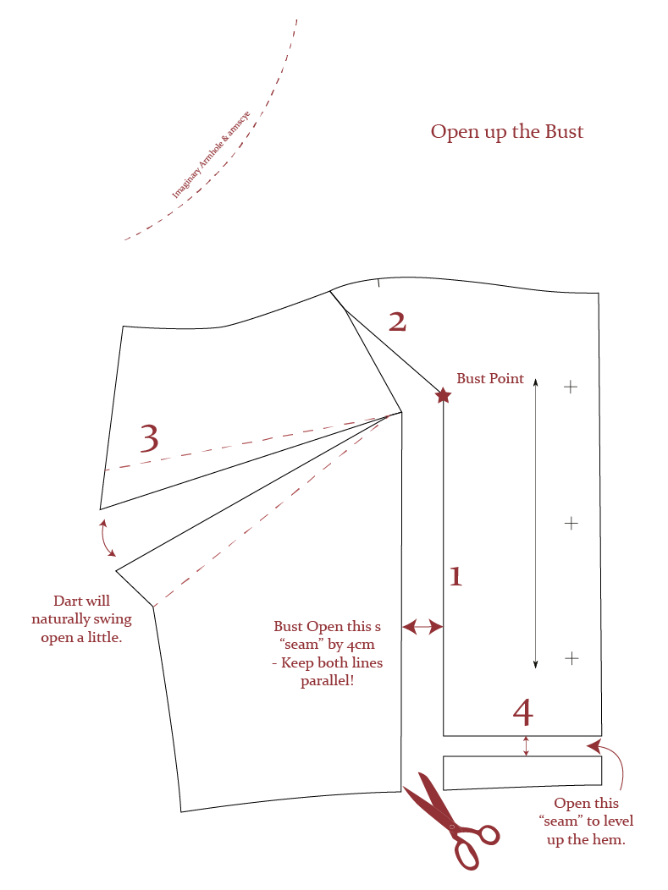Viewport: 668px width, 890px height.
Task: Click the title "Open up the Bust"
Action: pos(506,132)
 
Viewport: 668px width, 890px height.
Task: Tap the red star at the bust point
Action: pos(443,394)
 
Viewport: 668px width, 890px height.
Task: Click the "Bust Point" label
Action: pos(490,379)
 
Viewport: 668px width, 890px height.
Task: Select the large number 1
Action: pos(455,577)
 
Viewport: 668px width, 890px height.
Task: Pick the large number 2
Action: pos(397,322)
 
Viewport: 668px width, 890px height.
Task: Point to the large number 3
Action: pos(148,439)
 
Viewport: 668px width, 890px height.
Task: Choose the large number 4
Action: pos(523,712)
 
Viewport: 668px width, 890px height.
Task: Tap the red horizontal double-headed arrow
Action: pos(422,627)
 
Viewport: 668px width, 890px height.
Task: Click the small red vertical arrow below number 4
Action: pos(526,745)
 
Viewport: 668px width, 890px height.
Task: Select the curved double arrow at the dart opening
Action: pos(108,538)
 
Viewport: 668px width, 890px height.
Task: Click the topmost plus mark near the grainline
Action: pos(571,387)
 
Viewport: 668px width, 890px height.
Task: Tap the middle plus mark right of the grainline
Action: pos(571,523)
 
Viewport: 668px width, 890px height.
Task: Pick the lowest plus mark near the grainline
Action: pos(571,657)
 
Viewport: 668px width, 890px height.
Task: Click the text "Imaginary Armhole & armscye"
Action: pos(211,154)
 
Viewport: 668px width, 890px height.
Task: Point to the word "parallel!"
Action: pos(327,681)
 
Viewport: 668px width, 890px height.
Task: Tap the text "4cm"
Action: pos(356,645)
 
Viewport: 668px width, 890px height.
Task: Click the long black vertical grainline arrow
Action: pos(535,522)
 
